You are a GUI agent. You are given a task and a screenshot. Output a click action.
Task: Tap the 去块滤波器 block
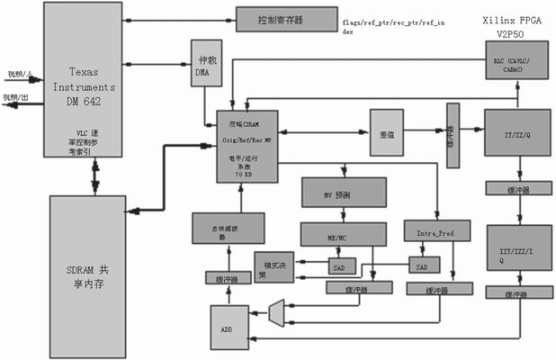[228, 230]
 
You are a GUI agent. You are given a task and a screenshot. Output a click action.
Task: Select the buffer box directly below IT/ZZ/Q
[516, 189]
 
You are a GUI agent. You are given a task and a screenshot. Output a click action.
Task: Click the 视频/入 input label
[17, 73]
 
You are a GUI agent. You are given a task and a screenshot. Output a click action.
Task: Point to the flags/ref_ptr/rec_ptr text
[393, 20]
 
